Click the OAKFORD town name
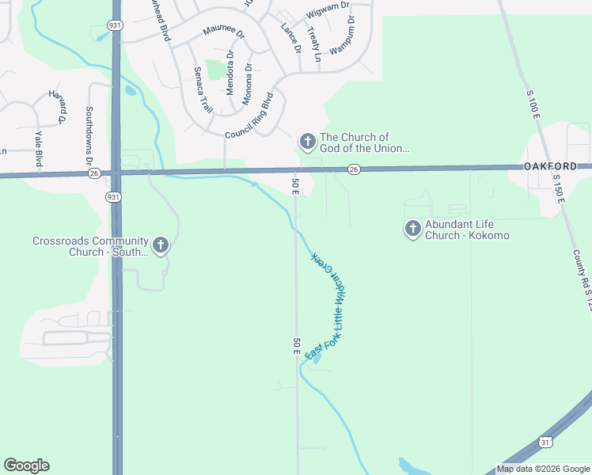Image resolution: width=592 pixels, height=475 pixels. click(557, 167)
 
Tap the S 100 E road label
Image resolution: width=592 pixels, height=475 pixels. click(533, 105)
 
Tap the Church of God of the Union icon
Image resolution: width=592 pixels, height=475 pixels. click(307, 142)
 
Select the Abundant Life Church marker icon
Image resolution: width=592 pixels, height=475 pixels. click(412, 230)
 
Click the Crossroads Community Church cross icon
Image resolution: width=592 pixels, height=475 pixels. click(161, 245)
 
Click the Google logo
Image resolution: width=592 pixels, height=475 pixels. click(26, 465)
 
